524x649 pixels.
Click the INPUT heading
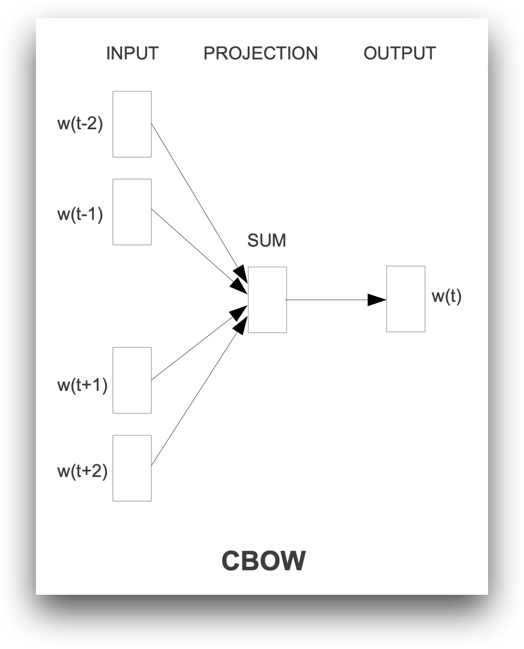pos(132,53)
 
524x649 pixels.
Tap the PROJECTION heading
pos(260,53)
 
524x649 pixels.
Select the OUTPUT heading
pos(399,53)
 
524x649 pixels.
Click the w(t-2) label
pos(80,124)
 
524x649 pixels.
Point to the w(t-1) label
pos(80,214)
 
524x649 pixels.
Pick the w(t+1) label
pos(82,385)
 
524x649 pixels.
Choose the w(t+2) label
pos(82,471)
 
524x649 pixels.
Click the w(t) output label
pos(446,296)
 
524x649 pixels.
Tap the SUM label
pos(266,240)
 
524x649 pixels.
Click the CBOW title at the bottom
pos(263,561)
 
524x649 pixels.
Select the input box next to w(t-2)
pos(132,124)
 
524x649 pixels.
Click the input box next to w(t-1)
pos(132,212)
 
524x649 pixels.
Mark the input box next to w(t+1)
pos(132,380)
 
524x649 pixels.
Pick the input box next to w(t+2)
pos(132,468)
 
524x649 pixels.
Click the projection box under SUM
pos(267,300)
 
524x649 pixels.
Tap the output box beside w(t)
pos(406,299)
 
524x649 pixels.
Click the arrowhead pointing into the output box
pos(376,300)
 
